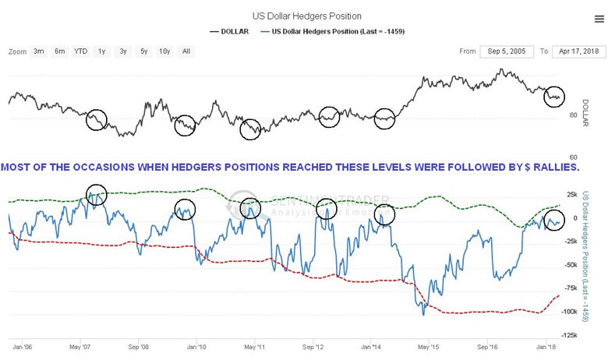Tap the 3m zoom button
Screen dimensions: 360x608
tap(38, 51)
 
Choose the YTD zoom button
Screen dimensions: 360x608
tap(80, 51)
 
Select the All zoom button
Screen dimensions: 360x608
tap(186, 51)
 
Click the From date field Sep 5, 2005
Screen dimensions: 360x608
tap(507, 51)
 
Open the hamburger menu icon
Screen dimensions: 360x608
tap(599, 18)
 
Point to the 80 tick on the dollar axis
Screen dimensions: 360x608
tap(573, 115)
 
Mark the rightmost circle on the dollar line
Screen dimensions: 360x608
tap(553, 97)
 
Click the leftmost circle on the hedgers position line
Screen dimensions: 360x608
tap(96, 196)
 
